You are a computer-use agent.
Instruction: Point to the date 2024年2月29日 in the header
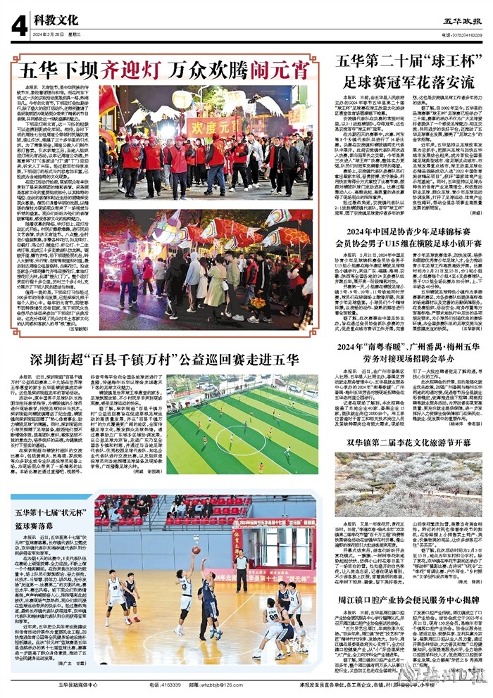[50, 34]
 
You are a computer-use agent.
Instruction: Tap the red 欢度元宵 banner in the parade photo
[212, 127]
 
